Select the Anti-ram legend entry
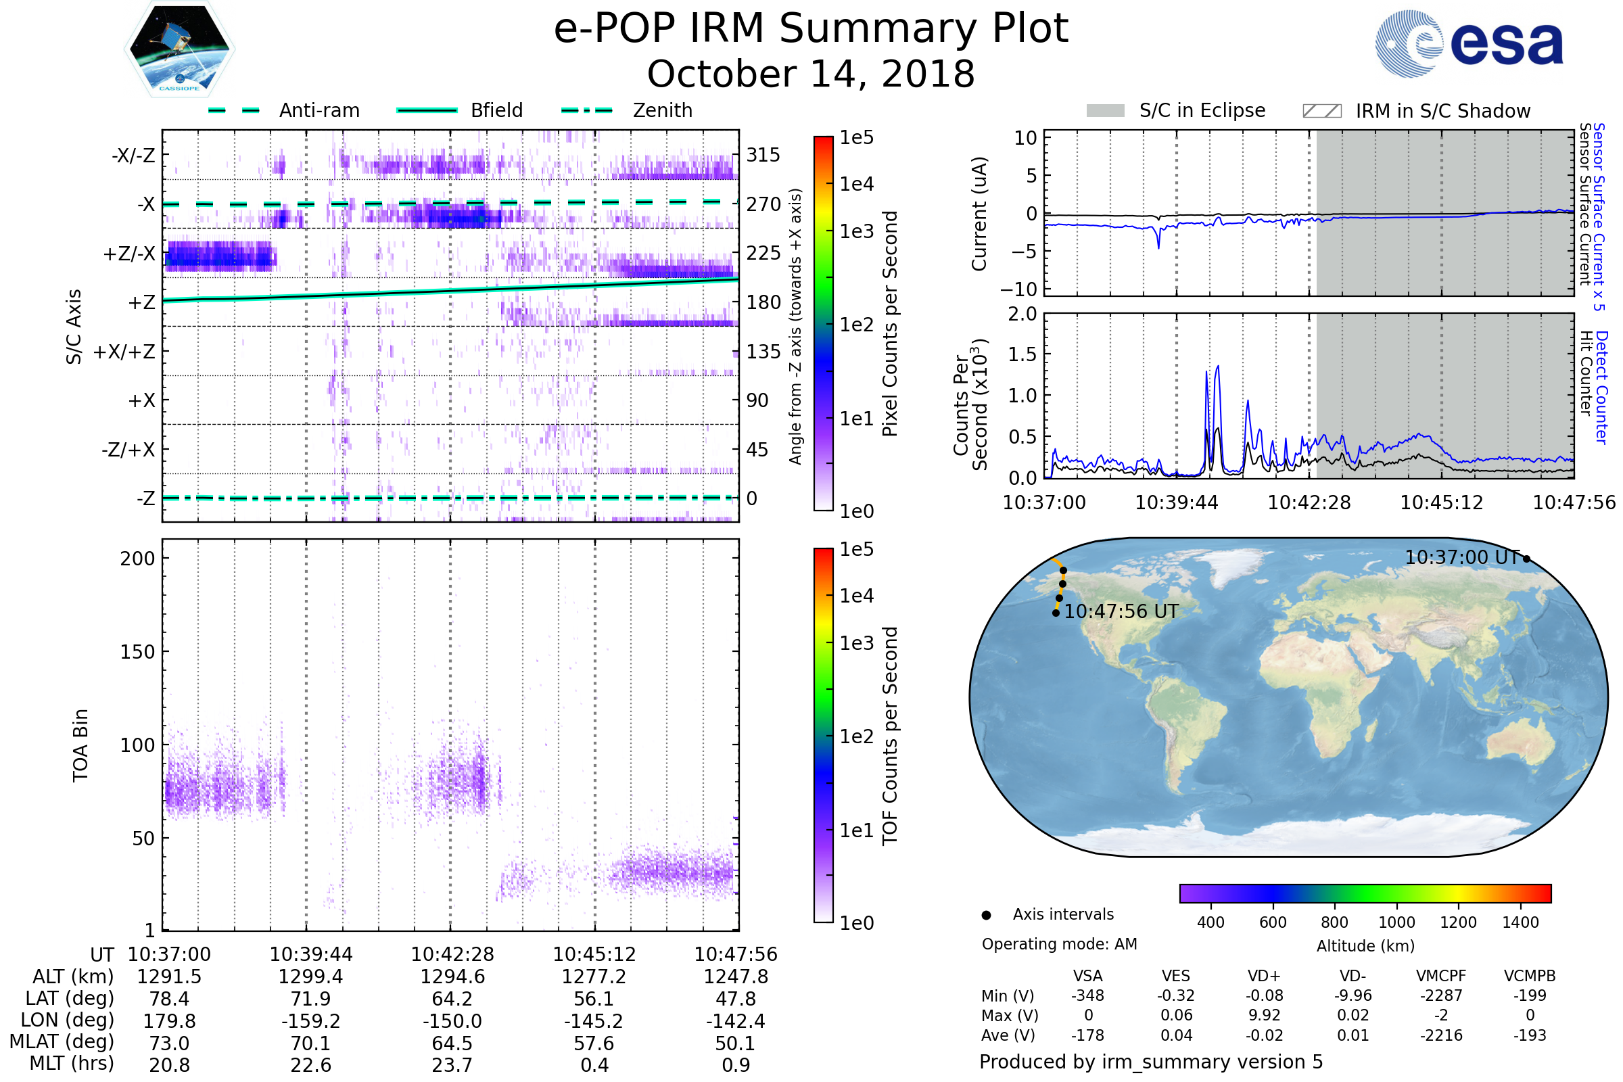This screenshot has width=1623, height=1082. [319, 110]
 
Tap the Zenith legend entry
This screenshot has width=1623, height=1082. [662, 110]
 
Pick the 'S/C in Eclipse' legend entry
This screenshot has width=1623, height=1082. [1202, 110]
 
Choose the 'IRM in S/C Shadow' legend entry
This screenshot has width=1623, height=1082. [1442, 111]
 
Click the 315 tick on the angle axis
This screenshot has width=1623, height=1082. [763, 155]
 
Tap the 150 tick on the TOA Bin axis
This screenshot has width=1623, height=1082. [137, 651]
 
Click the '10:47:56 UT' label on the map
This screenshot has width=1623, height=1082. [1121, 611]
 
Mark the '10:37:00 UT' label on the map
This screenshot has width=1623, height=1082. [1462, 557]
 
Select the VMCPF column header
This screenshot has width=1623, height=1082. [1441, 976]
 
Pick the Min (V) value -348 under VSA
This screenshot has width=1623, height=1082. [1087, 995]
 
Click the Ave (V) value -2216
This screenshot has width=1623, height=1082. [1441, 1035]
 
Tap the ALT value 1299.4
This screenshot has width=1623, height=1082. [310, 977]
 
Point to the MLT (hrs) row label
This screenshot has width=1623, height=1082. [72, 1063]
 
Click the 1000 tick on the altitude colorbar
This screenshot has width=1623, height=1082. [1396, 922]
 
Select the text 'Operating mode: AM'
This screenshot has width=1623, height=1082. [1059, 944]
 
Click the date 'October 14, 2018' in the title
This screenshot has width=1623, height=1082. [811, 74]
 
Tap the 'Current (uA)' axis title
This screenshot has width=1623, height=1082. [979, 214]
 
